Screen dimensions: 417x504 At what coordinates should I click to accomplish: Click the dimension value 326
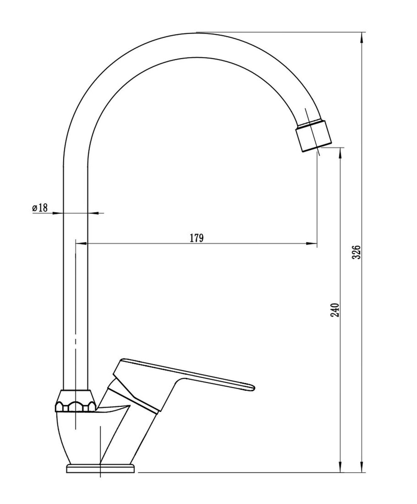[x=356, y=252]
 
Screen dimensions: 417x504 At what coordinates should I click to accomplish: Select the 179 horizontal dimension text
[x=197, y=238]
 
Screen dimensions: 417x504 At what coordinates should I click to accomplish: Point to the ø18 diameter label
[x=40, y=208]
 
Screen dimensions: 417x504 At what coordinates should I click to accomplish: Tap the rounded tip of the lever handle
[x=251, y=387]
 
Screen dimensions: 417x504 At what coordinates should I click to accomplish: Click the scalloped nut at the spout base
[x=76, y=401]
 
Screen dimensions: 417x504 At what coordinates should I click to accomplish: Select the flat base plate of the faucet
[x=101, y=468]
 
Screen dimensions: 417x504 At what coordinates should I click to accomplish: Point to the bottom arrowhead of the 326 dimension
[x=362, y=466]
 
